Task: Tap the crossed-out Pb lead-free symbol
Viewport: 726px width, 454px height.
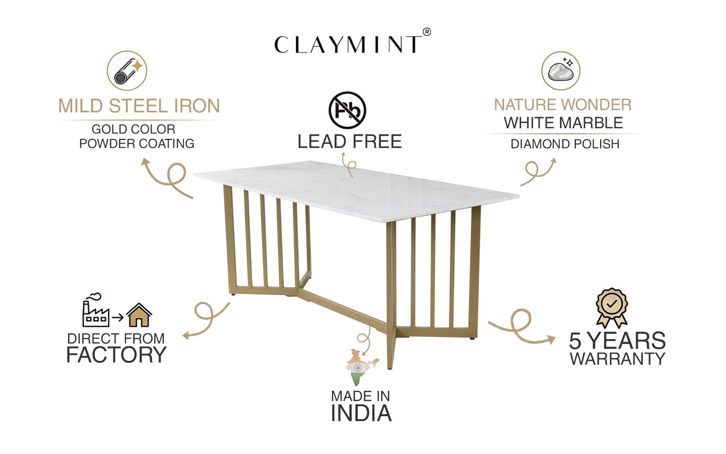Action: pos(347,110)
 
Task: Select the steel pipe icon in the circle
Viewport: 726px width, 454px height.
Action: pos(127,71)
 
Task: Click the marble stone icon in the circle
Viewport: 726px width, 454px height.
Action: pos(561,71)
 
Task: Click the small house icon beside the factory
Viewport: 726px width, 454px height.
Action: pos(139,315)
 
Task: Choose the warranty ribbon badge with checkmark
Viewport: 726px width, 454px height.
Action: pos(612,307)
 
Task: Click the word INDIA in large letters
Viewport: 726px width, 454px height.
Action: pos(361,413)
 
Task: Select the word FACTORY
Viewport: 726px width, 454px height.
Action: pos(116,355)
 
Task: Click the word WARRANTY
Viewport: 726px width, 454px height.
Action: pos(617,359)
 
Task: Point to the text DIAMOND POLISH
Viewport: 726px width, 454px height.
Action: pos(565,144)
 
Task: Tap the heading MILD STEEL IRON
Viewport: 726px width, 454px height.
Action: pos(139,106)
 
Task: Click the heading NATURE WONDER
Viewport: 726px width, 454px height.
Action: pos(563,105)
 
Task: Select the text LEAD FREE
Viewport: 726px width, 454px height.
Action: pos(349,142)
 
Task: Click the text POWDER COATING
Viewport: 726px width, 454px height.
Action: pos(136,144)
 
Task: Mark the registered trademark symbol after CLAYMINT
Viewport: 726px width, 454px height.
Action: pos(426,32)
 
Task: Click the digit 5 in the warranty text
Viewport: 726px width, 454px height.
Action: pos(575,341)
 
